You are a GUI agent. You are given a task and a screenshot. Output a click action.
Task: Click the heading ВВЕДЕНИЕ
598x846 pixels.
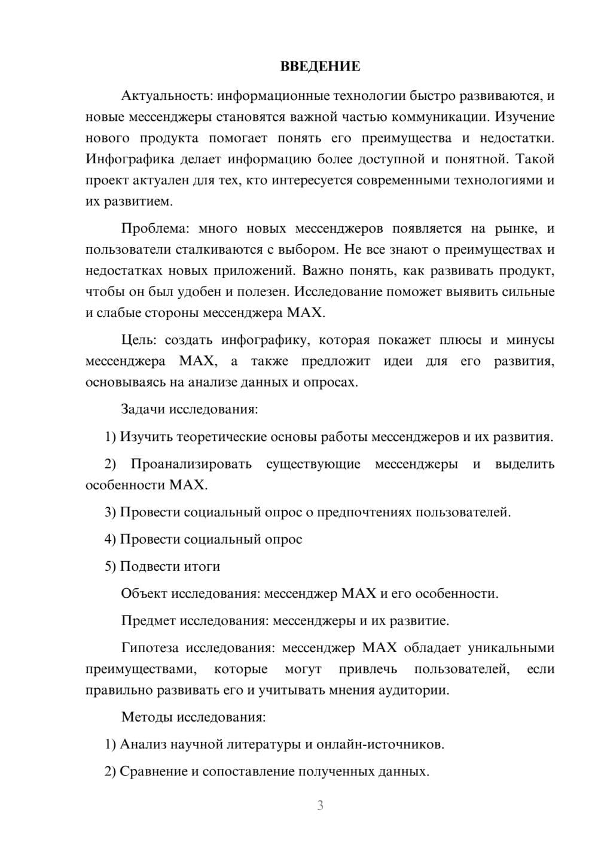[x=320, y=66]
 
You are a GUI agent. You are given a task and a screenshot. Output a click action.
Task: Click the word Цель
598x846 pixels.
[x=138, y=340]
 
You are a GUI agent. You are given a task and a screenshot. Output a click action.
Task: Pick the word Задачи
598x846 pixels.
[x=143, y=409]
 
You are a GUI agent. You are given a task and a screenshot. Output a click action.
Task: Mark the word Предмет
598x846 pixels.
[x=147, y=620]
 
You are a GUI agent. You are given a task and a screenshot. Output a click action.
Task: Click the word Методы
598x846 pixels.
[x=146, y=717]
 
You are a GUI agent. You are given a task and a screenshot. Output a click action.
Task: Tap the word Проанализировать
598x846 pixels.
[x=191, y=464]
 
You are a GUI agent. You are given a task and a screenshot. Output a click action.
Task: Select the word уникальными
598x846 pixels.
[x=511, y=648]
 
